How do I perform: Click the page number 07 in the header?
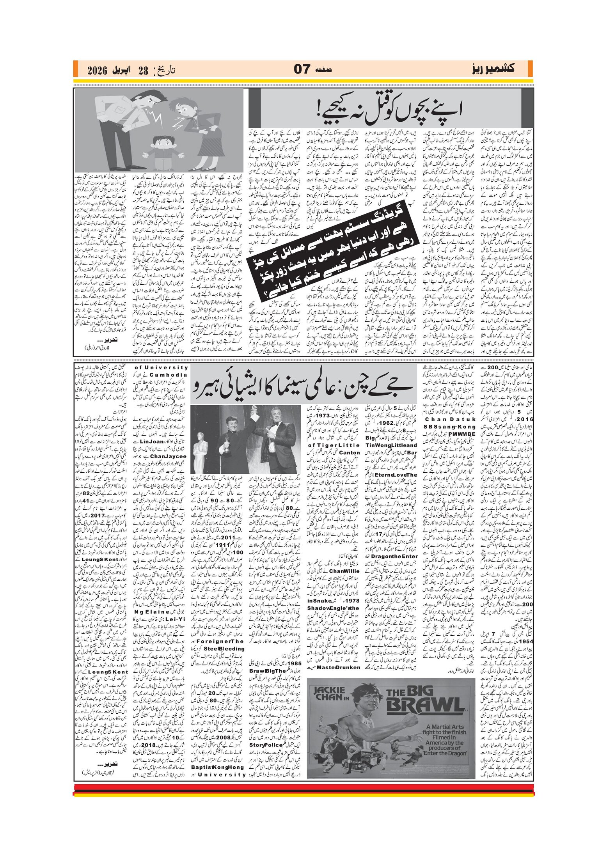pos(302,69)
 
